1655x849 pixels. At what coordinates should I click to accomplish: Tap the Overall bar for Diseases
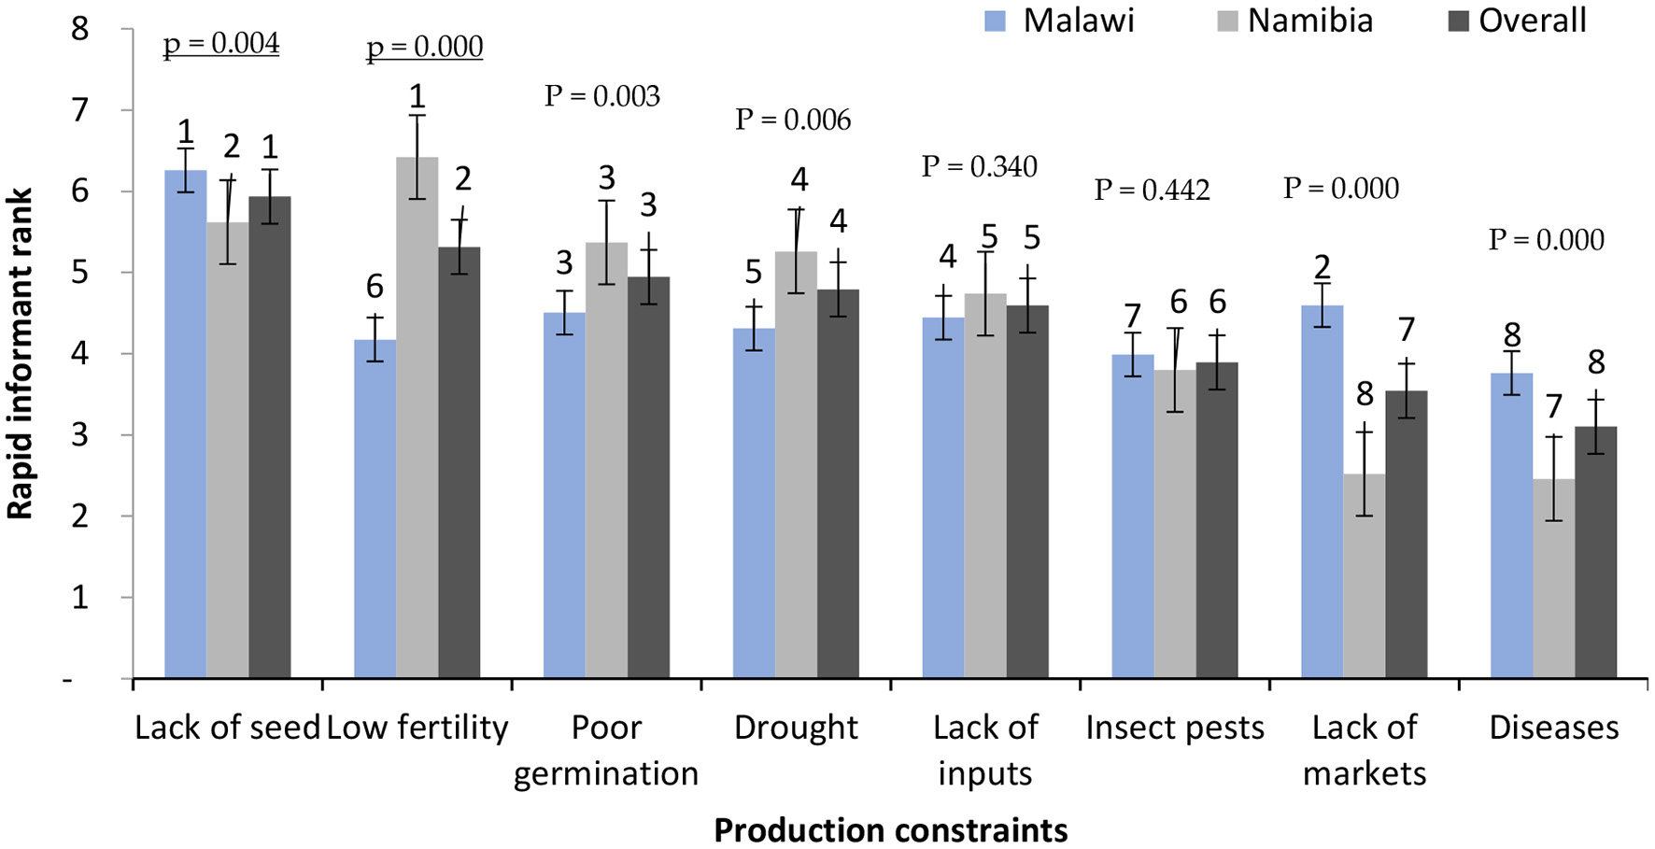point(1595,552)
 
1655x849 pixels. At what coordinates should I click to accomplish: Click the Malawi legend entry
point(1059,20)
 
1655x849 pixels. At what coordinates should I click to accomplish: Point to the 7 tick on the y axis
point(80,110)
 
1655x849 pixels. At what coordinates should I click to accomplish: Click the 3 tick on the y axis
point(80,435)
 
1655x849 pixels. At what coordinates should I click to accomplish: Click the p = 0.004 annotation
point(221,43)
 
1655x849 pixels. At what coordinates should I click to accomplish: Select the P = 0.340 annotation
point(979,166)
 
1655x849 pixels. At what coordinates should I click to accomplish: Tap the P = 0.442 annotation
point(1152,190)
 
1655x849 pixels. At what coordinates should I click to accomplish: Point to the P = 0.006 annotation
point(793,120)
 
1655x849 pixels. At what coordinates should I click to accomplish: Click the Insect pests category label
point(1174,728)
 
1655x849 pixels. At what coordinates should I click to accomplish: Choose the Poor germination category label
point(606,750)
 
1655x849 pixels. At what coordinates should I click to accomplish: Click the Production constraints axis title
point(890,829)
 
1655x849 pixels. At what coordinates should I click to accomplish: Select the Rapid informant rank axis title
point(21,353)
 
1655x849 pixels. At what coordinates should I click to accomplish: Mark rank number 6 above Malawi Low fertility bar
point(375,286)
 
